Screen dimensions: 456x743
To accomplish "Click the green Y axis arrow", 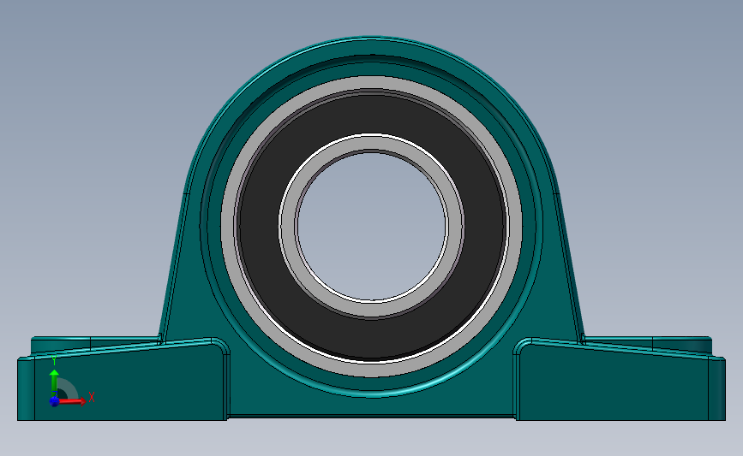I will pos(54,379).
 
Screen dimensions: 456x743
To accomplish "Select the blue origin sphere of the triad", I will pos(54,400).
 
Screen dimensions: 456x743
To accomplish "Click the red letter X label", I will pos(91,396).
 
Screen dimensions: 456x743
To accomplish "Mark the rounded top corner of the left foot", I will pos(219,346).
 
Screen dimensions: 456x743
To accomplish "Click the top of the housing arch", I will pos(372,43).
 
